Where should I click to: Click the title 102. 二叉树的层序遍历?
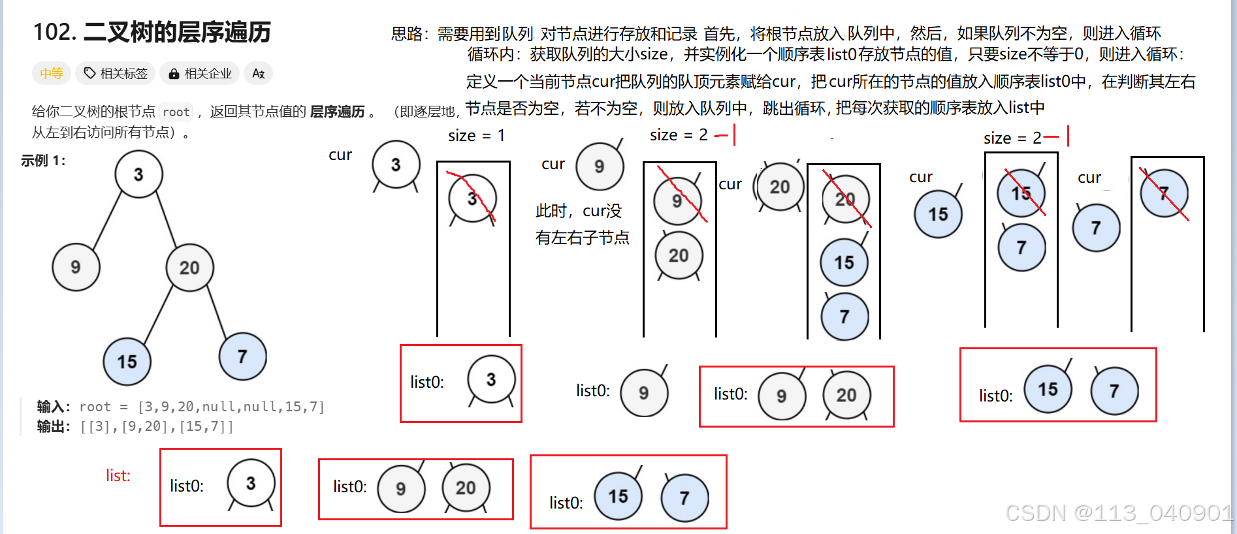(152, 32)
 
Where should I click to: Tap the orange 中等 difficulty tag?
(51, 73)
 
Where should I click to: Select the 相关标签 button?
(116, 73)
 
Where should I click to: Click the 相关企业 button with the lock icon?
(200, 73)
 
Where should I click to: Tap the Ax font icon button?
(258, 73)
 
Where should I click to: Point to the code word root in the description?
(176, 112)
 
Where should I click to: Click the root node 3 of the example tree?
(138, 174)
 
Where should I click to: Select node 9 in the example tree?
(76, 267)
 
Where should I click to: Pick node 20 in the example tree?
(189, 268)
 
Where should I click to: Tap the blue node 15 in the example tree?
(127, 362)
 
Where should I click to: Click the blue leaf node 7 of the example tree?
(242, 356)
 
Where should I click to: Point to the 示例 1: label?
(43, 161)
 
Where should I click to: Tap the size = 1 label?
(476, 136)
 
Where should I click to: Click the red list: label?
(118, 476)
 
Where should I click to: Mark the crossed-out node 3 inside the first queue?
(472, 199)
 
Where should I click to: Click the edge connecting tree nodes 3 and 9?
(108, 221)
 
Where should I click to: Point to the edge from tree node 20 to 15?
(158, 315)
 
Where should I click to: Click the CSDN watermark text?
(1118, 513)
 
